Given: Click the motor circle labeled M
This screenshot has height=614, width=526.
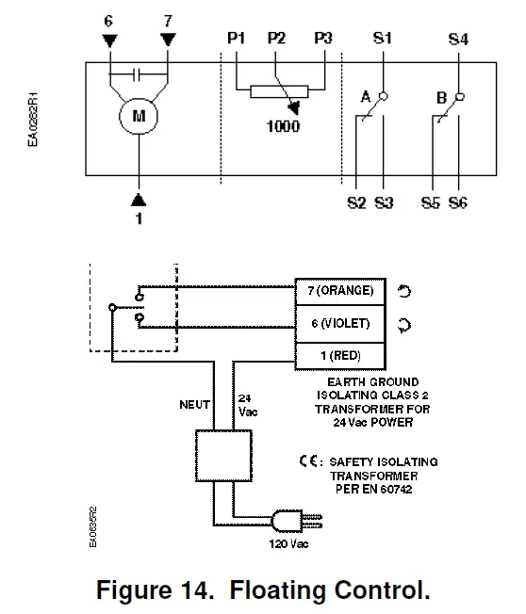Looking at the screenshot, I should click(140, 117).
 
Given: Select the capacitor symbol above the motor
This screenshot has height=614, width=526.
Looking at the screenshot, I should click(140, 73).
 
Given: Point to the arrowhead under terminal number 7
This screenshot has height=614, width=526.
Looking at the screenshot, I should click(168, 40).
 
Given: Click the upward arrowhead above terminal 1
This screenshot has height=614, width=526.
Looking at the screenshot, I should click(140, 199).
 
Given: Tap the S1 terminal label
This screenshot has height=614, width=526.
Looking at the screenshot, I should click(384, 39).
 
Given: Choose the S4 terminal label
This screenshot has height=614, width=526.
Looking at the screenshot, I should click(458, 39).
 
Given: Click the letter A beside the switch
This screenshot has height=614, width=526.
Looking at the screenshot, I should click(365, 96).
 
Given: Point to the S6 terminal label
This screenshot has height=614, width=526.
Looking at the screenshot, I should click(458, 202).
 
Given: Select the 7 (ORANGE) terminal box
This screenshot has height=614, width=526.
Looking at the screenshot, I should click(340, 290).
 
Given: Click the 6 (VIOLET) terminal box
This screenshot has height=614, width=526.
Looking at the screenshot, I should click(340, 323).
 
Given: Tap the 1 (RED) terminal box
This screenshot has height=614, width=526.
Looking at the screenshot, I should click(340, 356).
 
